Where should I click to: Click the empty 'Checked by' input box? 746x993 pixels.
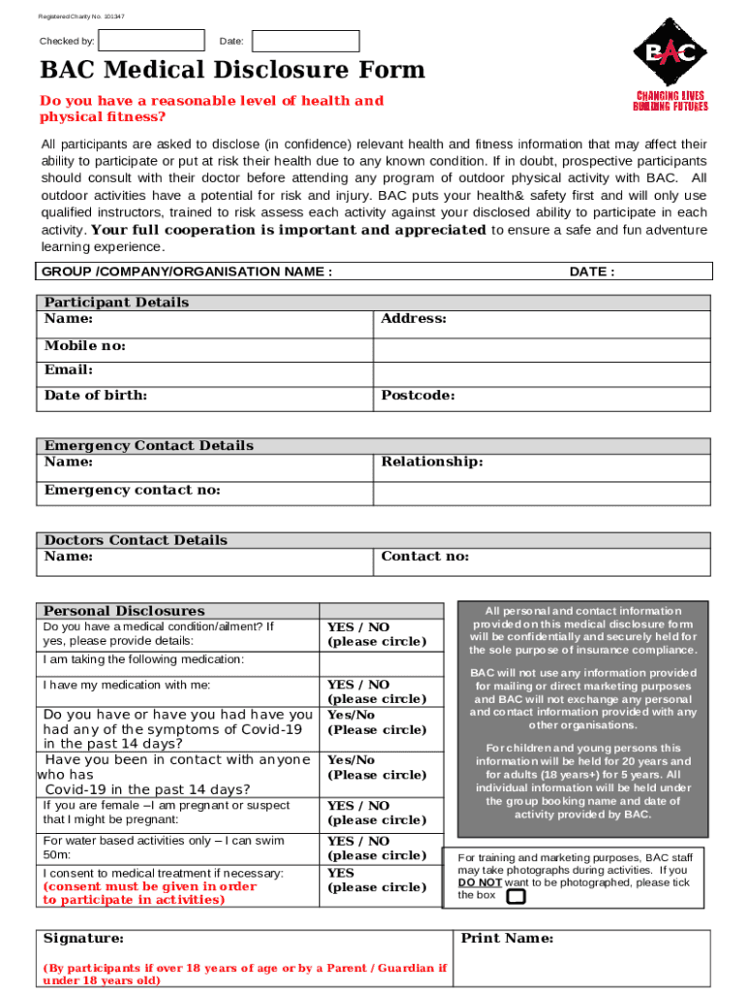[152, 41]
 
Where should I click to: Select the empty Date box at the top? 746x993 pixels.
[305, 41]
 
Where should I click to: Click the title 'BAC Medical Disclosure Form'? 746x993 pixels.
[233, 71]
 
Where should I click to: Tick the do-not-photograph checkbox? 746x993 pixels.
[516, 896]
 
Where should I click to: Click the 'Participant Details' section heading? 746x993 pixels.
[117, 303]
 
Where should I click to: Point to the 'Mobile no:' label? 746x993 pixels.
[85, 346]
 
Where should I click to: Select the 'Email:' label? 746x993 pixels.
[69, 370]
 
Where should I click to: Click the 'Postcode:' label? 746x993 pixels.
[418, 396]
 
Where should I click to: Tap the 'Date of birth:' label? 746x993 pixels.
[96, 396]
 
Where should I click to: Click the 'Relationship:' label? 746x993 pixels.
[432, 462]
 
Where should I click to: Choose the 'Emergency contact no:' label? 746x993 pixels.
[133, 491]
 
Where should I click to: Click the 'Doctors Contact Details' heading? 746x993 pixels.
[137, 540]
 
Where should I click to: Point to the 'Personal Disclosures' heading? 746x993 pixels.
[125, 611]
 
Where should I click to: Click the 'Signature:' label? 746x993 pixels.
[84, 939]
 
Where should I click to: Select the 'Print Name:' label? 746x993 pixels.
[508, 939]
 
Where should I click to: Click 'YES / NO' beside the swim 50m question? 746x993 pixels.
[358, 842]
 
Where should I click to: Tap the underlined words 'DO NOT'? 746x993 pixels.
[480, 883]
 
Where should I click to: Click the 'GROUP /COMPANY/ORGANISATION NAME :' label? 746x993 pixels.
[187, 272]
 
